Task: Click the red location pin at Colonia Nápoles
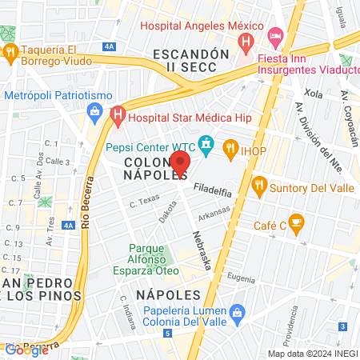181,164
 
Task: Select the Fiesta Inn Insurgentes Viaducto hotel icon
276,36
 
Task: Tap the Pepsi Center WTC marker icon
207,146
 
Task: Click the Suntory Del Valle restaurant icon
259,186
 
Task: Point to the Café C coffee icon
297,222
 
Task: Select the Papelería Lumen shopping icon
236,312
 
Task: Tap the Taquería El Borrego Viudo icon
11,53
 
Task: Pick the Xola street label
314,94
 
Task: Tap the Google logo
26,350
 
